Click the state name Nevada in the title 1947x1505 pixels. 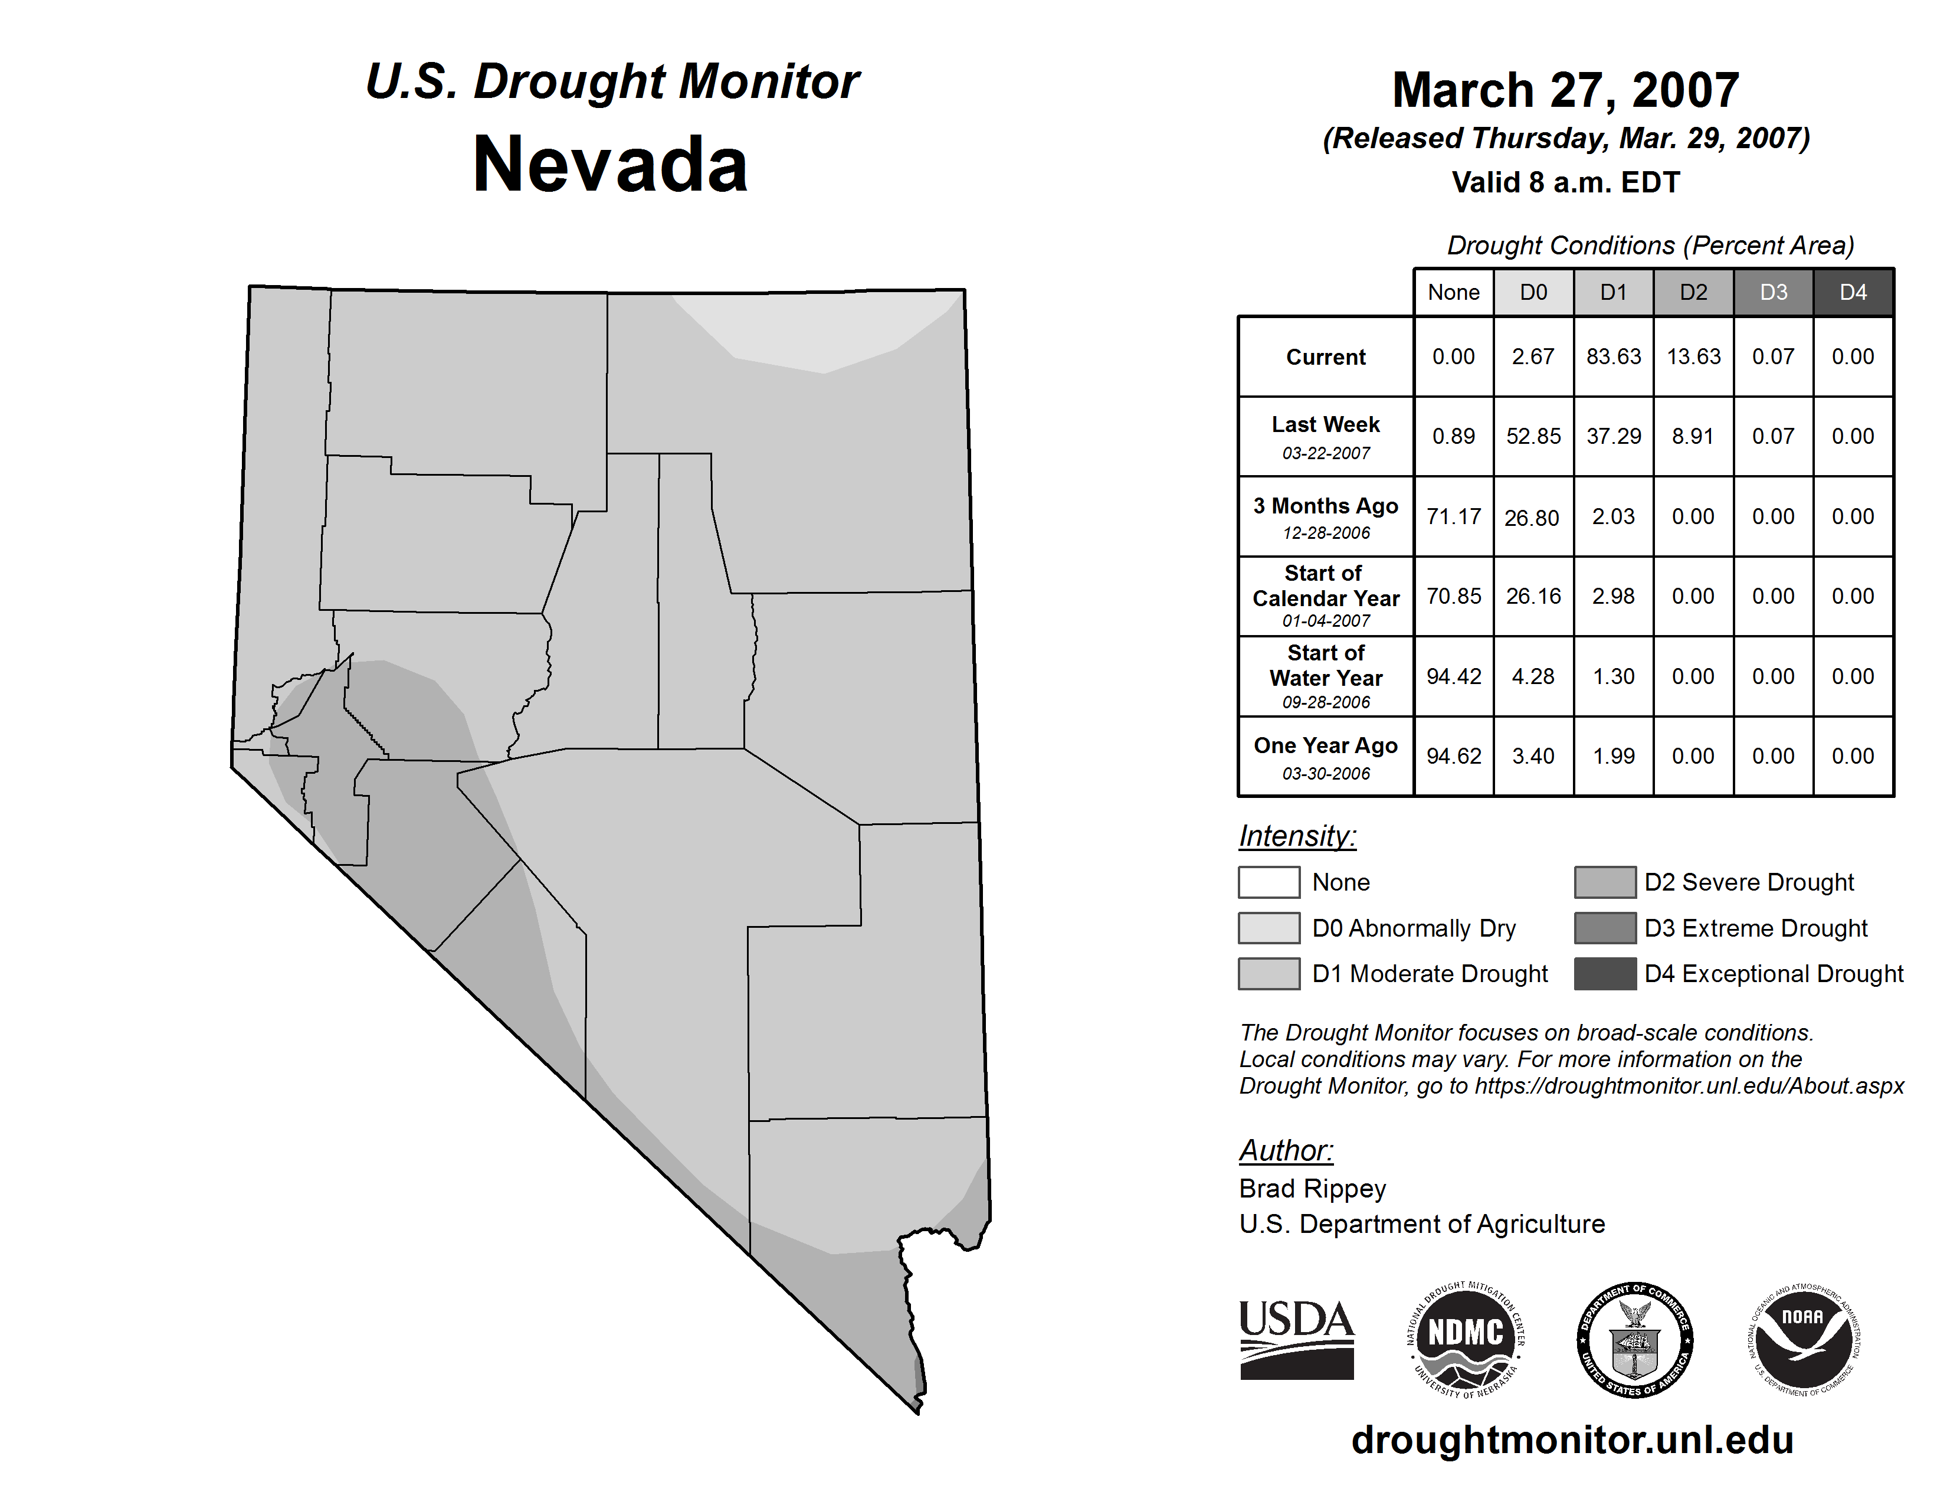point(610,165)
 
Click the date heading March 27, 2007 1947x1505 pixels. point(1565,90)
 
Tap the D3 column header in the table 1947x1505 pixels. point(1773,292)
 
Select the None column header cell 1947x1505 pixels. point(1453,292)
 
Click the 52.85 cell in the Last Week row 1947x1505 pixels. point(1533,436)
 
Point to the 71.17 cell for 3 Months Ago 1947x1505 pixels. point(1453,516)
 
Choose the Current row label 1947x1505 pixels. point(1326,356)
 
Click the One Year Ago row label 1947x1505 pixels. point(1326,756)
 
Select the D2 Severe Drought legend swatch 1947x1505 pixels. point(1605,882)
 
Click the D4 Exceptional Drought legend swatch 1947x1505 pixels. point(1605,974)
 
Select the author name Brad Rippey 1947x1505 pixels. point(1312,1189)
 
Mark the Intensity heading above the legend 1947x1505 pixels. point(1297,836)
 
